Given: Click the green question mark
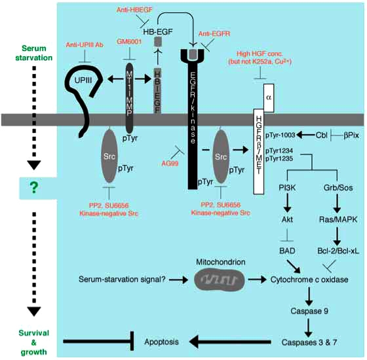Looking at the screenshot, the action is pos(34,188).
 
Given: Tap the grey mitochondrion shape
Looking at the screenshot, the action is pos(220,279).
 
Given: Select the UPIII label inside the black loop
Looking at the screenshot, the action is pos(83,81).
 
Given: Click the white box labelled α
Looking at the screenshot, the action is pos(269,98).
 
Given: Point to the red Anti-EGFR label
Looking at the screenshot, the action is pos(214,34).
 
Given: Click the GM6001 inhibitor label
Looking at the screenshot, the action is pos(129,42).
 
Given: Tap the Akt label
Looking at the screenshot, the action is pos(287,219).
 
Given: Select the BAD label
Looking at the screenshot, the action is pos(287,251).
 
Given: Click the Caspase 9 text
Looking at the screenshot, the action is pos(309,311).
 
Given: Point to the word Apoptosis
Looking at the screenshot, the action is pos(161,342).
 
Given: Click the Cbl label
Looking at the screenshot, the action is pos(321,135).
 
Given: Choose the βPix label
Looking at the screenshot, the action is pos(351,135).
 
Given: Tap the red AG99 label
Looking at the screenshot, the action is pos(170,164).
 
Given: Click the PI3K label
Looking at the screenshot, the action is pos(287,188).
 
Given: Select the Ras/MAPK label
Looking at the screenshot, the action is pos(338,219).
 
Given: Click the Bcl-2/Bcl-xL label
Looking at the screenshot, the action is pos(338,251).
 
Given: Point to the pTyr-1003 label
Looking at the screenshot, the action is pos(280,135).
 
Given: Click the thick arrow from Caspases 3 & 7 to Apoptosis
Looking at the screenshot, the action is pos(230,342).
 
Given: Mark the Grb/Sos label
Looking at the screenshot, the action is pos(338,188).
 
